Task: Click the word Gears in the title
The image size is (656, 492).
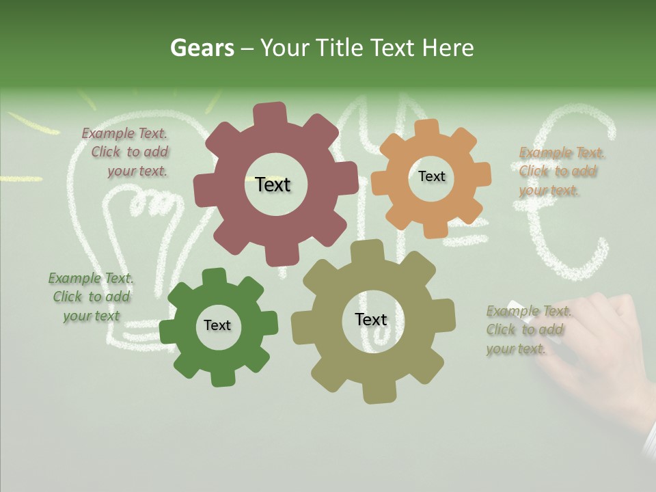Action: click(202, 48)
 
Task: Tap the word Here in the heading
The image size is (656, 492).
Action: click(448, 48)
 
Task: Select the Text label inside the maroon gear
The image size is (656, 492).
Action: click(273, 184)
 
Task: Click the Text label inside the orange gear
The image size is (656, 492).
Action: click(431, 176)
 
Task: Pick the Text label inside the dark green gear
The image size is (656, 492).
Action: click(217, 325)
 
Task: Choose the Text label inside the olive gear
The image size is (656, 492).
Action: click(371, 319)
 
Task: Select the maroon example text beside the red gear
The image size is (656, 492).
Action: click(129, 152)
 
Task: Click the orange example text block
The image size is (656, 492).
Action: click(560, 172)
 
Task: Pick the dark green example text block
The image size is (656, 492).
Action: click(91, 297)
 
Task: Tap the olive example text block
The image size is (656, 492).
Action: click(528, 330)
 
